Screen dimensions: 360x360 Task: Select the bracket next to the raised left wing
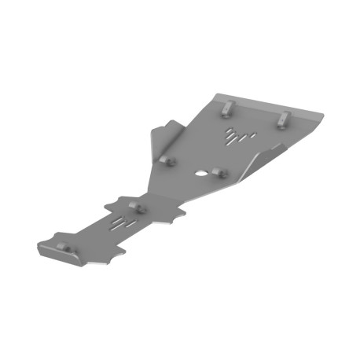click(167, 159)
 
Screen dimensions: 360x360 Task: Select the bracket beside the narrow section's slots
click(136, 208)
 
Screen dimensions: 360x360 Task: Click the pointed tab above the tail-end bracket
click(56, 235)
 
